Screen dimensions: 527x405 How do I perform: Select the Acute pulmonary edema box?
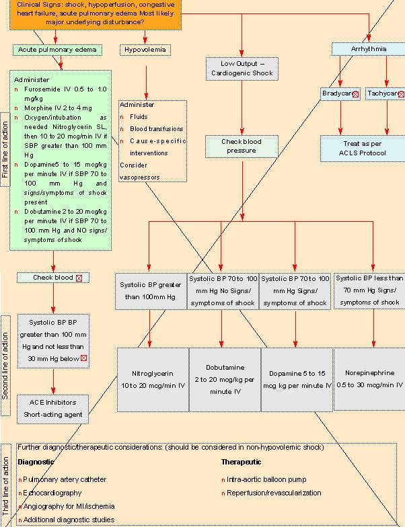tap(57, 50)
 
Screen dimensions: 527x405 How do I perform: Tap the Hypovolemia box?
tap(145, 50)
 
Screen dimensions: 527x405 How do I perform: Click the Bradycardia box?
tap(340, 93)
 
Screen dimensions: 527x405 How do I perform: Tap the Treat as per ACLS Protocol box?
tap(363, 149)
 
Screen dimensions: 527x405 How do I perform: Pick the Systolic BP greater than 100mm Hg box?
tap(150, 290)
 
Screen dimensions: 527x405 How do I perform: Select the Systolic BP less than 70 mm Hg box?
tap(369, 290)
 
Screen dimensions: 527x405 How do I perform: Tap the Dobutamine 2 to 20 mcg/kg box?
tap(225, 378)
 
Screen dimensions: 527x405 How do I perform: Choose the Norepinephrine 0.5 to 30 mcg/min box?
tap(369, 378)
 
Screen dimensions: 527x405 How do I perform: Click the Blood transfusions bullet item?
tap(157, 128)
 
